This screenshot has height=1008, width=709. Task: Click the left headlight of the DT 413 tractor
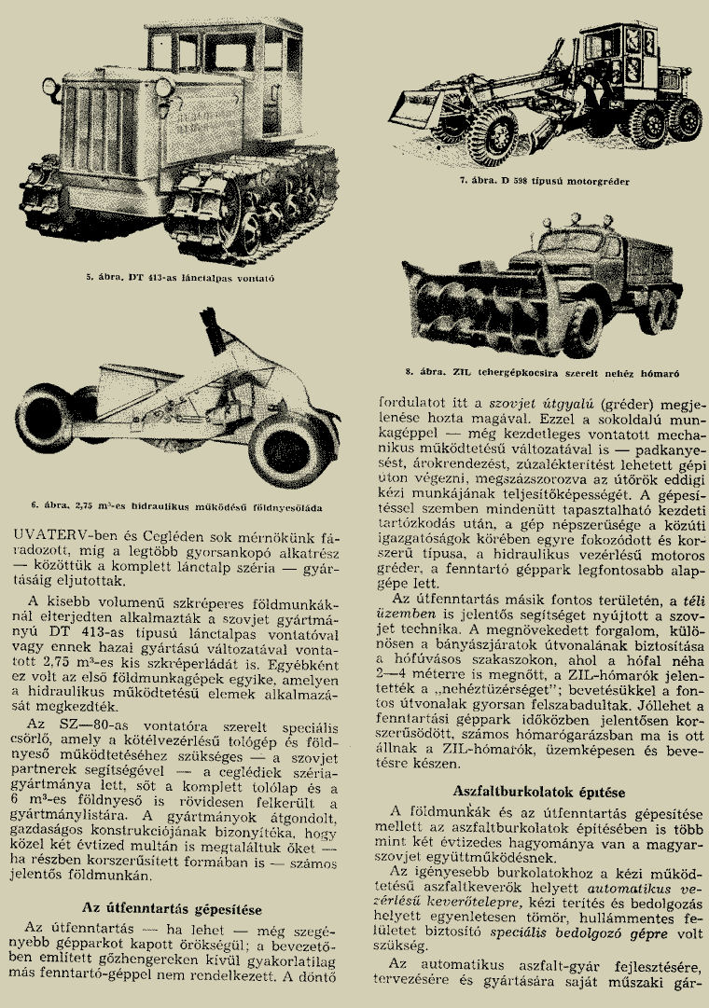[x=49, y=88]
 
